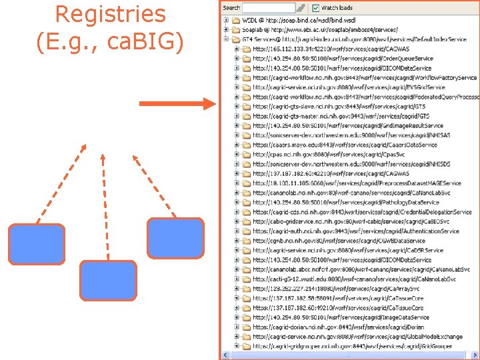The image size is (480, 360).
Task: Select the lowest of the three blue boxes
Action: (108, 281)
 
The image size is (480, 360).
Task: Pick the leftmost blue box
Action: (37, 245)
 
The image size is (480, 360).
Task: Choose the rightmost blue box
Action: (175, 238)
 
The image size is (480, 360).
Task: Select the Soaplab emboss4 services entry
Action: (320, 30)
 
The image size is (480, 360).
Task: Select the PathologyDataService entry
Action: (346, 203)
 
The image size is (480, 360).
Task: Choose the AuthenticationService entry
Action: (356, 231)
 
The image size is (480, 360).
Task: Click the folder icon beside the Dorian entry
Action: (246, 327)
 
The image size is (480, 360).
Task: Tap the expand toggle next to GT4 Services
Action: (227, 39)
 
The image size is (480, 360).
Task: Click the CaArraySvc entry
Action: (336, 289)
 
